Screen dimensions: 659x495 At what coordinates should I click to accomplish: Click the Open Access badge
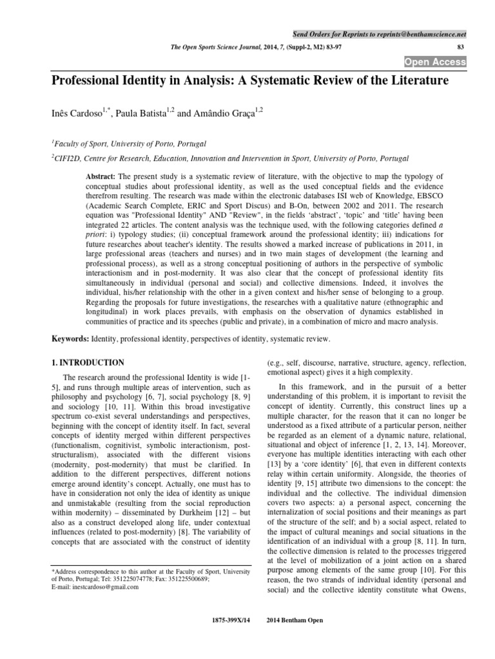[x=434, y=62]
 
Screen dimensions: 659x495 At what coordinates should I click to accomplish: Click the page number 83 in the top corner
[x=460, y=48]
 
